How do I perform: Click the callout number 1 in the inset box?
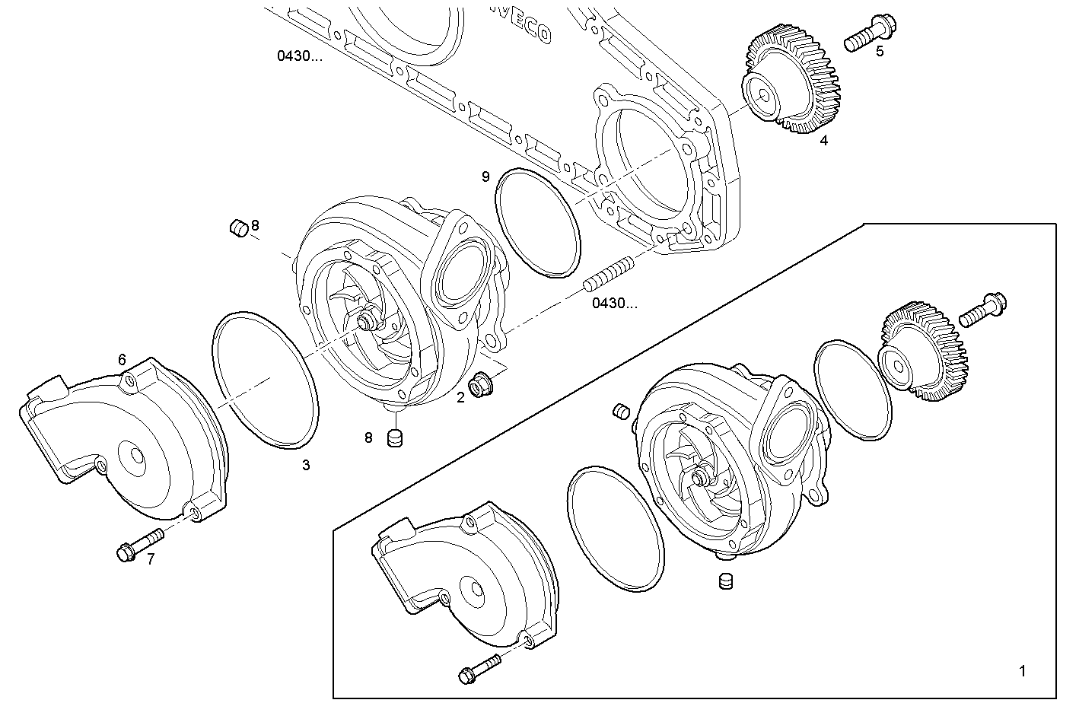1022,671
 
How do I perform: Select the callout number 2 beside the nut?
460,396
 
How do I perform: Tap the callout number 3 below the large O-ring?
306,465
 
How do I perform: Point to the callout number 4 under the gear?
823,140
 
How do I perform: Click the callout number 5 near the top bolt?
880,52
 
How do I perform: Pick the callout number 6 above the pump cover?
122,359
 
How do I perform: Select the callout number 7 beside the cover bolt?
151,559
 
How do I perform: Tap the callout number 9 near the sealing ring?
485,177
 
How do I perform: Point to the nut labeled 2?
480,386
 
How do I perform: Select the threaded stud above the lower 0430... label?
608,275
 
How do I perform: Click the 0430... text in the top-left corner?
299,56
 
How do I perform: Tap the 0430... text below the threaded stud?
615,304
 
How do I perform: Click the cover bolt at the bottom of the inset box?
479,668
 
